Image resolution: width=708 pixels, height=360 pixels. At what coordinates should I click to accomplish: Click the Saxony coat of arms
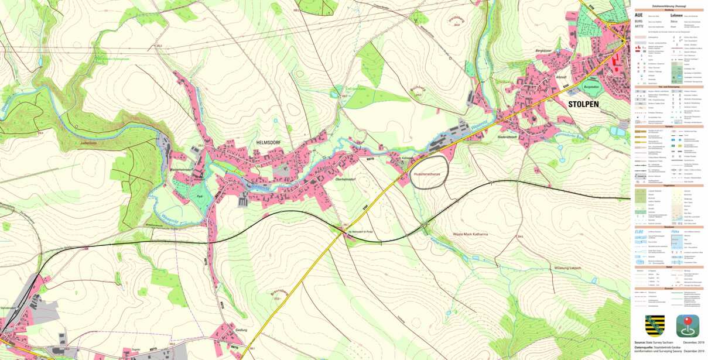(655, 325)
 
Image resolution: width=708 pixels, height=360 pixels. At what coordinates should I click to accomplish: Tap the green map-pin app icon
(687, 325)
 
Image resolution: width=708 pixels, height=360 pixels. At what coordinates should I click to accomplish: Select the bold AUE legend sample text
(639, 15)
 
